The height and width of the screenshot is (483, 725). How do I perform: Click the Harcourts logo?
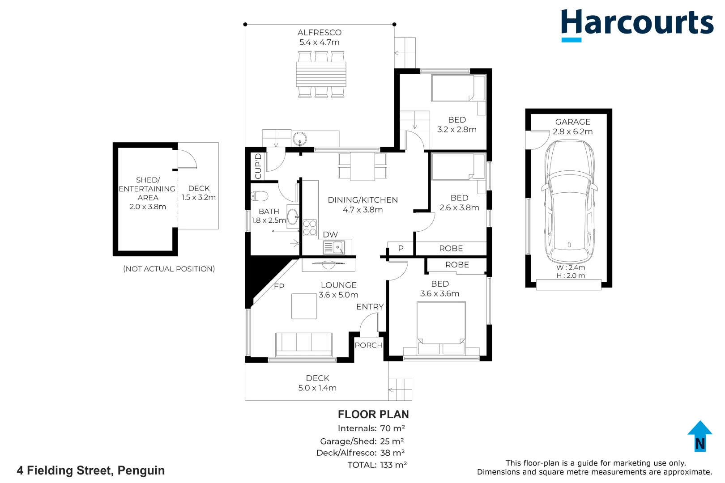(x=637, y=25)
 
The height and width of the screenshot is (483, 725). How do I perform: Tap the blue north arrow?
(x=700, y=436)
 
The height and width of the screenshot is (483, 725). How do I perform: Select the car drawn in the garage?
(x=569, y=202)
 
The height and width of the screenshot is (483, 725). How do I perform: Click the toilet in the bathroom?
(x=260, y=196)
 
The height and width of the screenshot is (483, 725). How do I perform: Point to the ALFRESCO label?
(x=320, y=33)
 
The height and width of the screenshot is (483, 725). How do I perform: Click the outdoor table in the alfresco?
(x=321, y=74)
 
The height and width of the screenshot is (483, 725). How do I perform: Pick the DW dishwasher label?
(x=330, y=234)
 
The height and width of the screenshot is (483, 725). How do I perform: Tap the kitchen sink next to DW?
(x=334, y=248)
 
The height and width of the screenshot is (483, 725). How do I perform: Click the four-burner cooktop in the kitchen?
(x=310, y=228)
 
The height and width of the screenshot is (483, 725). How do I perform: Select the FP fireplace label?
(x=279, y=286)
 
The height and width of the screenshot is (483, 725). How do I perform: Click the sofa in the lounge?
(x=303, y=344)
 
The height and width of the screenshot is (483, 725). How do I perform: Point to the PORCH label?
(x=368, y=345)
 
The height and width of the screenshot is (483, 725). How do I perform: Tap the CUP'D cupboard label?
(x=258, y=166)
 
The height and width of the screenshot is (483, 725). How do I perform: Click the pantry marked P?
(x=401, y=249)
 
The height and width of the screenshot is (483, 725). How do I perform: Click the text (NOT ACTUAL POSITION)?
(x=169, y=269)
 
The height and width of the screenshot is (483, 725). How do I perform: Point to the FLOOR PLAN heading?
(x=373, y=415)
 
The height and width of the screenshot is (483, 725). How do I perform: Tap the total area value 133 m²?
(x=393, y=465)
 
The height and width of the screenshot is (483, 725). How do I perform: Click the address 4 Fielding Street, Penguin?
(x=90, y=470)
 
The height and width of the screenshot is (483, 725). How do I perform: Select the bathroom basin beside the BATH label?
(x=293, y=216)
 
